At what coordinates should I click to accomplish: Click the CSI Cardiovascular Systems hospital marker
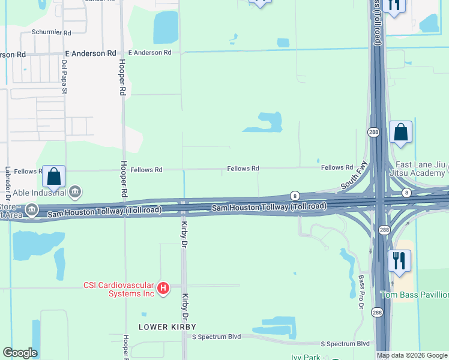coord(163,289)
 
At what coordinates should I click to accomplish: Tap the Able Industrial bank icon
coord(75,193)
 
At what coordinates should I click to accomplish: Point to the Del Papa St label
coord(64,77)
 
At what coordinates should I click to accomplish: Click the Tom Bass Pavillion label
coord(414,295)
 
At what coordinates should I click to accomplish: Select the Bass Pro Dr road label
coord(361,293)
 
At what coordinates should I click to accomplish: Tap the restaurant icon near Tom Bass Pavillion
coord(399,260)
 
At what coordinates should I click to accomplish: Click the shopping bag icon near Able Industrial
coord(53,176)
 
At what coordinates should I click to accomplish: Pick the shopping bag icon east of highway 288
coord(400,131)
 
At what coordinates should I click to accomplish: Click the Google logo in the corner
coord(20,353)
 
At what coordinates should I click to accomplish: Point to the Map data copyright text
coord(412,355)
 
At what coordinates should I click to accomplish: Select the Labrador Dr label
coord(8,184)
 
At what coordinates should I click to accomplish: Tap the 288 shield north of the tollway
coord(372,132)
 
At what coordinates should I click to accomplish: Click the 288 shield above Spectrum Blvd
coord(376,313)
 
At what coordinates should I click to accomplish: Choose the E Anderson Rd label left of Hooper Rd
coord(90,53)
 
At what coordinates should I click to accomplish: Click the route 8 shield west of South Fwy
coord(295,196)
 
